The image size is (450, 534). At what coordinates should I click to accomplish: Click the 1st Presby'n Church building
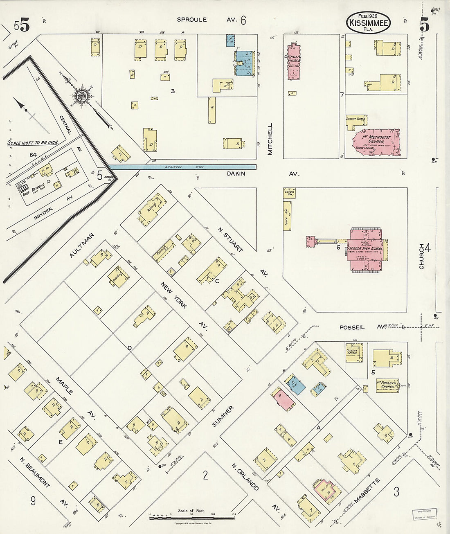387,385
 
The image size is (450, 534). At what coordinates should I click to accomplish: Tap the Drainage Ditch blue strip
182,167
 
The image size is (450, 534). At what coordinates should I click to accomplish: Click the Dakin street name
236,173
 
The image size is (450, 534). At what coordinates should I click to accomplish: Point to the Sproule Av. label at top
192,19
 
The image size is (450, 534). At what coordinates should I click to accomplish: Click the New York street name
173,295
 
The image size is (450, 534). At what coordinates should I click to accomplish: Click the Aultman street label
82,245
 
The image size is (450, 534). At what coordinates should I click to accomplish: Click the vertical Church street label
422,257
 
